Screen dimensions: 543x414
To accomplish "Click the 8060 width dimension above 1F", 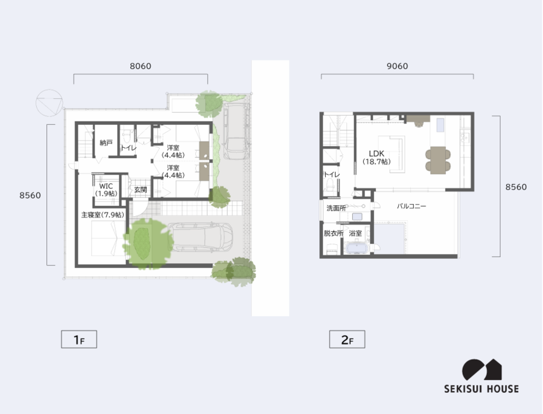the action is (x=140, y=66).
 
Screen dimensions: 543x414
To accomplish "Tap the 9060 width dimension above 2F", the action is (x=397, y=66).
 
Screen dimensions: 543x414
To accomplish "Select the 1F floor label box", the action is (x=79, y=339).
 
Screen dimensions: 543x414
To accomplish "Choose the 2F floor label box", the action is (x=347, y=339).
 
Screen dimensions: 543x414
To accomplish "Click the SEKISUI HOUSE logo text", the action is (x=481, y=389).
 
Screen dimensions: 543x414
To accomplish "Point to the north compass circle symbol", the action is (x=49, y=103).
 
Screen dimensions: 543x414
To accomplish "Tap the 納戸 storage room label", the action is (x=106, y=143).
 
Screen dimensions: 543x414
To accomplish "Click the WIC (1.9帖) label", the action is (x=106, y=190).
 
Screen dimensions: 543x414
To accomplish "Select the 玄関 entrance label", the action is (x=141, y=190).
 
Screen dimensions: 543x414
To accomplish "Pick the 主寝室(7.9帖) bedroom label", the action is (x=103, y=215).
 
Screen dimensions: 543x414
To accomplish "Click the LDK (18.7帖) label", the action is (x=376, y=158).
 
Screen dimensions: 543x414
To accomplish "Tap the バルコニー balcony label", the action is (x=411, y=206).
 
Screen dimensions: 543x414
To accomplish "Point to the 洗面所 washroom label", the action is (x=336, y=208).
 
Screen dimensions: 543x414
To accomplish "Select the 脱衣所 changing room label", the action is (x=333, y=234).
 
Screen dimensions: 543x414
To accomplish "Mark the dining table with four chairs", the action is (x=438, y=160).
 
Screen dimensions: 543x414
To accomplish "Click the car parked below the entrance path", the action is (x=200, y=237).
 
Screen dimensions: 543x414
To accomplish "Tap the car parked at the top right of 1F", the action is (x=235, y=130).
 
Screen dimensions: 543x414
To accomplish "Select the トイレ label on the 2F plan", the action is (x=332, y=174).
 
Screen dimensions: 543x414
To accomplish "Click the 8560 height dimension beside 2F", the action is (x=516, y=186).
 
